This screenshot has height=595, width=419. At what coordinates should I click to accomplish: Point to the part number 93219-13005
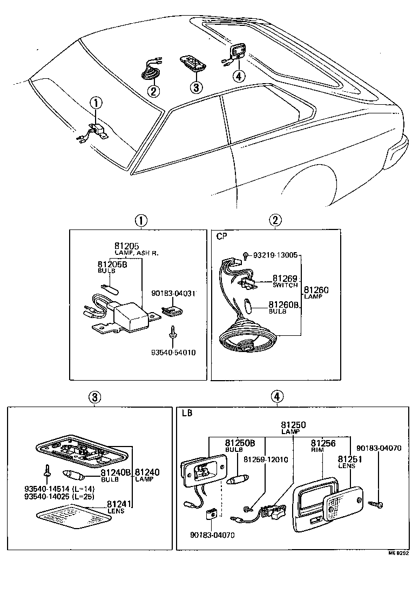point(274,255)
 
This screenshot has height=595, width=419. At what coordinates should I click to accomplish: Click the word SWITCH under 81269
point(285,285)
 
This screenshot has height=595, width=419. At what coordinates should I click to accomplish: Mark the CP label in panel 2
point(221,236)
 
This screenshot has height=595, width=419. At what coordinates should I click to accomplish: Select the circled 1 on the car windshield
point(95,102)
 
